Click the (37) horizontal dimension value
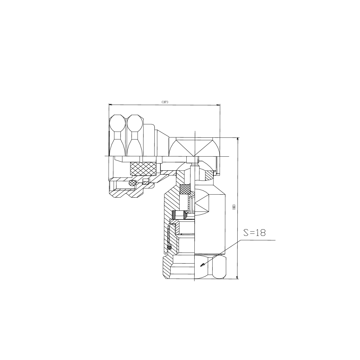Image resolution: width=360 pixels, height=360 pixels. coord(165,102)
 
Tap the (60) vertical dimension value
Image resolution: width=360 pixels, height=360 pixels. coord(234,207)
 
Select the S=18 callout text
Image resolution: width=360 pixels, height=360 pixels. coord(254,233)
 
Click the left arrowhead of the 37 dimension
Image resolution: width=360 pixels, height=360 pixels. coord(110,105)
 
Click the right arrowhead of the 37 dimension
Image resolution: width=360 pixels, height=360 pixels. coord(218,105)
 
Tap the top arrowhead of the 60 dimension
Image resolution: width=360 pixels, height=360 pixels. coord(238,139)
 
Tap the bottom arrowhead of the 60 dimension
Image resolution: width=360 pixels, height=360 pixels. coord(237,277)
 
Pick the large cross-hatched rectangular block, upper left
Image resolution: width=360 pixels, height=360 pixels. coord(143,169)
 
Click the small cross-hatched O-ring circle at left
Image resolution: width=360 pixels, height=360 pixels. coord(132,183)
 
